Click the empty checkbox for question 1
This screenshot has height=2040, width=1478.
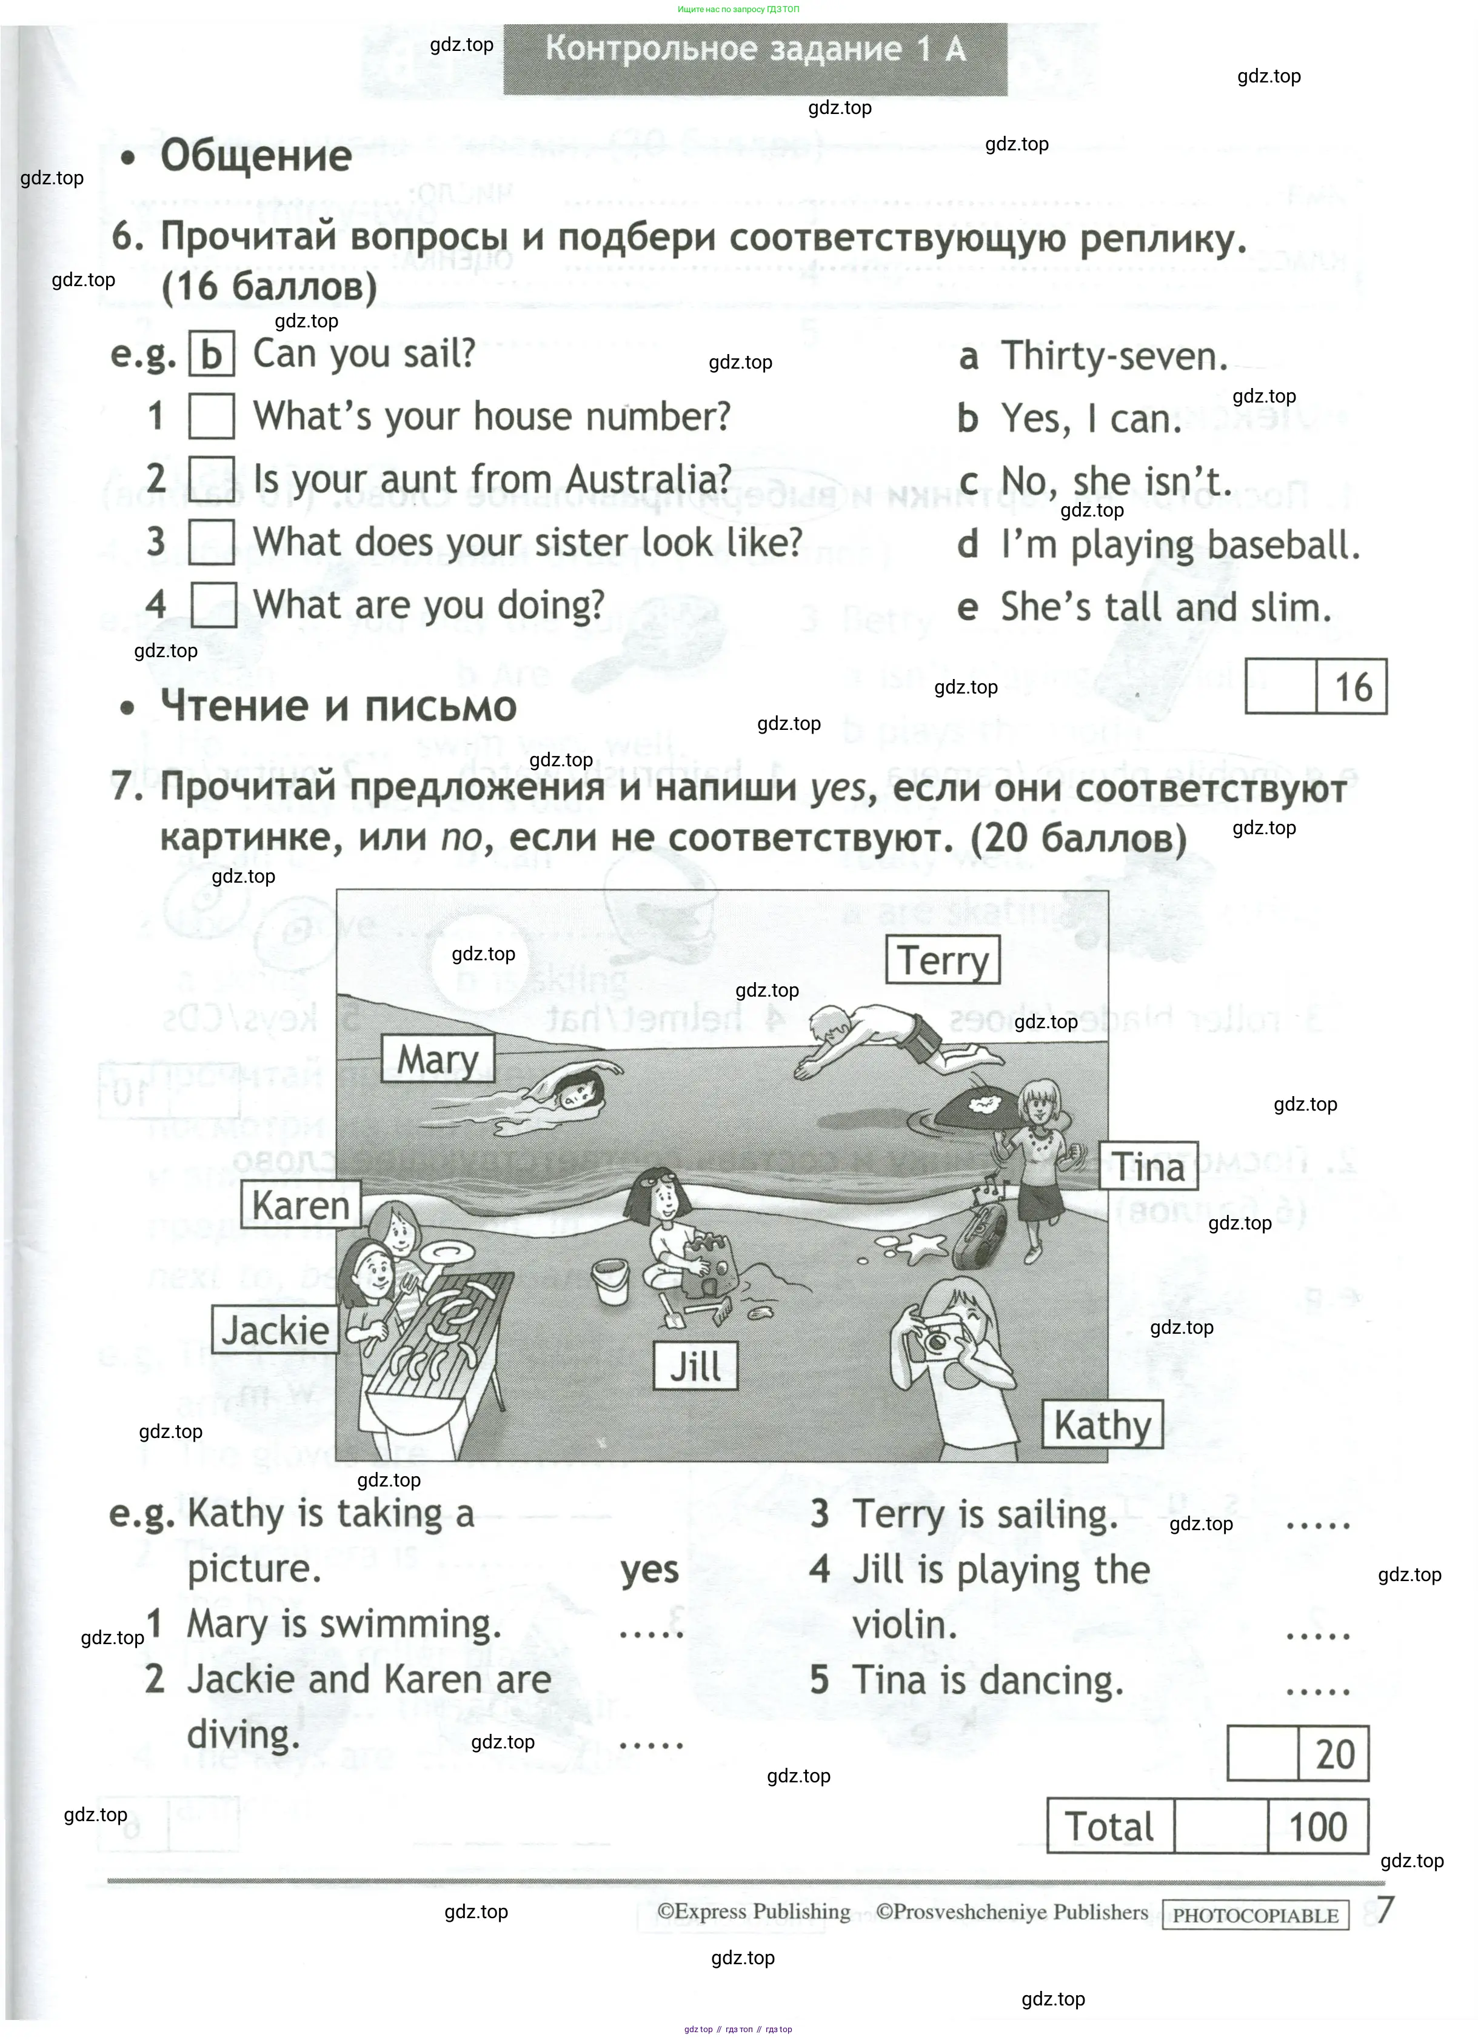(212, 416)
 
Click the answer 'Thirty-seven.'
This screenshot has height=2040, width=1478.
(1114, 357)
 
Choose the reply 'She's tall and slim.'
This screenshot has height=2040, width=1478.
(1165, 608)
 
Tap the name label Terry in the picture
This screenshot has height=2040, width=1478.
(943, 960)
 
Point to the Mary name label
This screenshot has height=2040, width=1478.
(438, 1058)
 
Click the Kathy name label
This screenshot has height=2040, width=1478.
(1102, 1425)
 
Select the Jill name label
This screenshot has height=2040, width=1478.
(695, 1366)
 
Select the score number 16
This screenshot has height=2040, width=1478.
(1352, 687)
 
